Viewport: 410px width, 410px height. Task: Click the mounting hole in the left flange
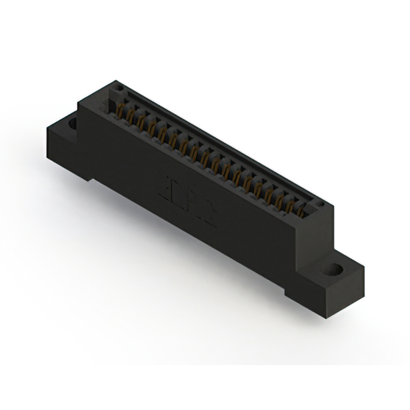(72, 121)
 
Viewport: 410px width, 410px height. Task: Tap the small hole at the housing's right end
(322, 204)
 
